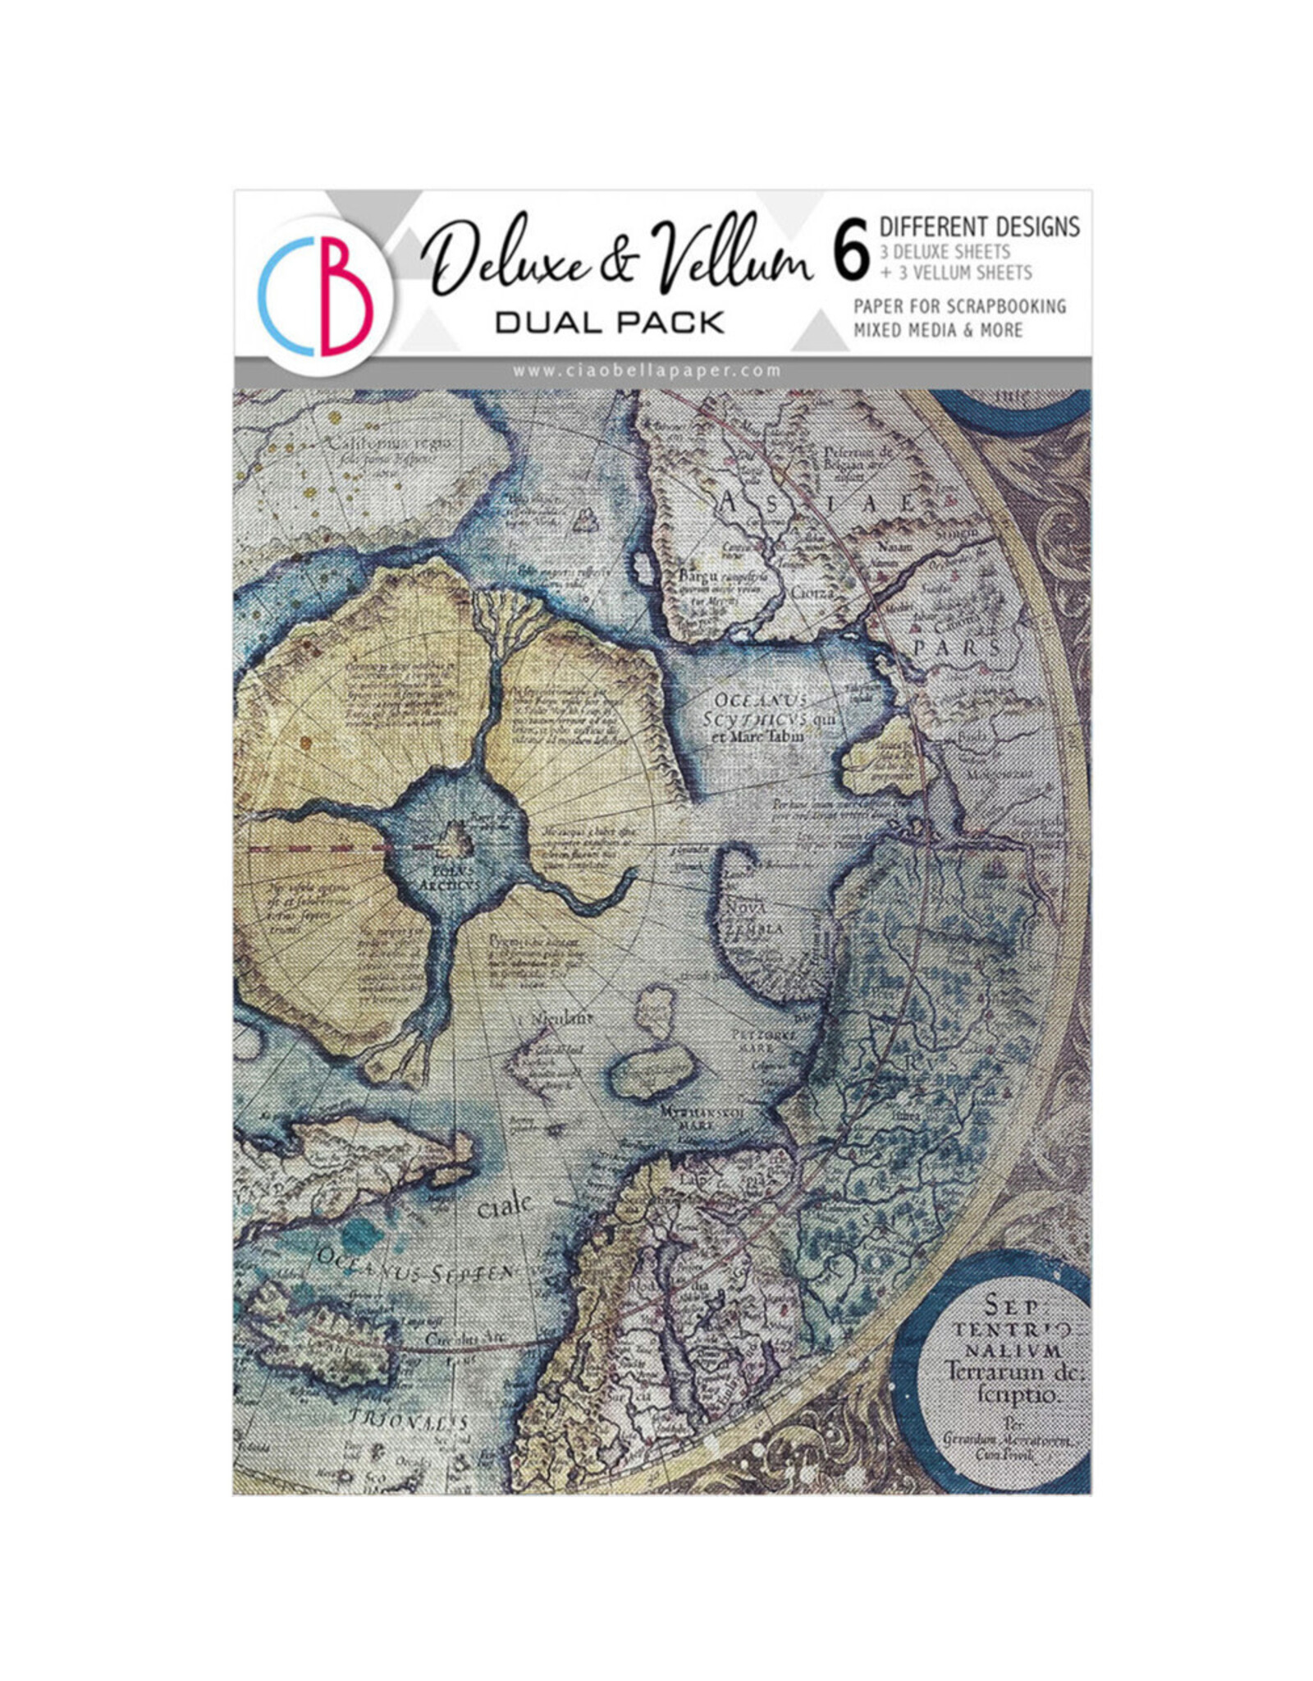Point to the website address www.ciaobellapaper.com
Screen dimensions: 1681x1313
[647, 370]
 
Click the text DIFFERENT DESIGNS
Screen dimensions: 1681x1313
[979, 226]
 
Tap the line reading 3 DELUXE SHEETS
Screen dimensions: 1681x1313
[945, 251]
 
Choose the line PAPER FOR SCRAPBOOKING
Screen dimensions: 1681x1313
[959, 306]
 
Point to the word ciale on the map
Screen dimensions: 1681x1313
[503, 1206]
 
